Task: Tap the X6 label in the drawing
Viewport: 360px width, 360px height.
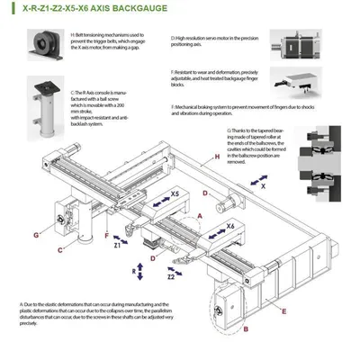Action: click(230, 226)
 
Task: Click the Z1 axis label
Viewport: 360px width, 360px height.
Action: click(118, 244)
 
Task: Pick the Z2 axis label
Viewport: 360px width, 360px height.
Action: click(171, 277)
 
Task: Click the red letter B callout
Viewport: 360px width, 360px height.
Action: click(219, 328)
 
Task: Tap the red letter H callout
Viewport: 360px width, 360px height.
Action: click(217, 157)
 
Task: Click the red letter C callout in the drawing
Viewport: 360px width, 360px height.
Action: click(59, 249)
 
